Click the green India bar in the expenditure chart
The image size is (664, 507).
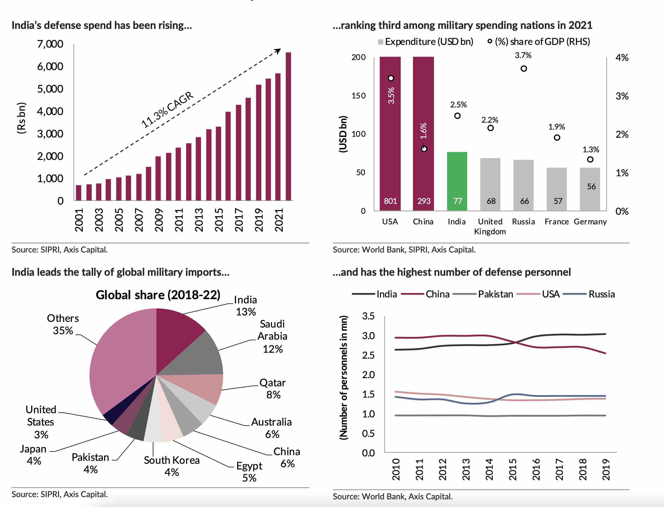click(457, 181)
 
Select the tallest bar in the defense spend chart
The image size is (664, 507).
click(288, 127)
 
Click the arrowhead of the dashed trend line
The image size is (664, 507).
click(278, 51)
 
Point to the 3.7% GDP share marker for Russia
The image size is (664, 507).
click(524, 69)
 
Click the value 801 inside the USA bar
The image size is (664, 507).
click(390, 201)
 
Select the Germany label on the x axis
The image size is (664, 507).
click(590, 222)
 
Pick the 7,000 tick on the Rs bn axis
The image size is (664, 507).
click(50, 44)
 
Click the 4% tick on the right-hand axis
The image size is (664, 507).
click(622, 58)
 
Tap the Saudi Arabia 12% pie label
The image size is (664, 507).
click(273, 336)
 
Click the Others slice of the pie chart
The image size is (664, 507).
click(121, 362)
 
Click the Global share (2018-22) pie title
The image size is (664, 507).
click(158, 295)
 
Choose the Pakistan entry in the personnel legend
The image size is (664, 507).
click(495, 294)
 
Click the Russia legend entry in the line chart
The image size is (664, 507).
click(601, 294)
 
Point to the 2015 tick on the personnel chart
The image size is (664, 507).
click(513, 469)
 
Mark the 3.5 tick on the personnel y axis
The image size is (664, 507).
click(368, 316)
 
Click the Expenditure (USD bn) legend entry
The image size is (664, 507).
click(429, 42)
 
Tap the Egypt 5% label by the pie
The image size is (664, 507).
click(249, 472)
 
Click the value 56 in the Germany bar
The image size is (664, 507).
click(591, 187)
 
